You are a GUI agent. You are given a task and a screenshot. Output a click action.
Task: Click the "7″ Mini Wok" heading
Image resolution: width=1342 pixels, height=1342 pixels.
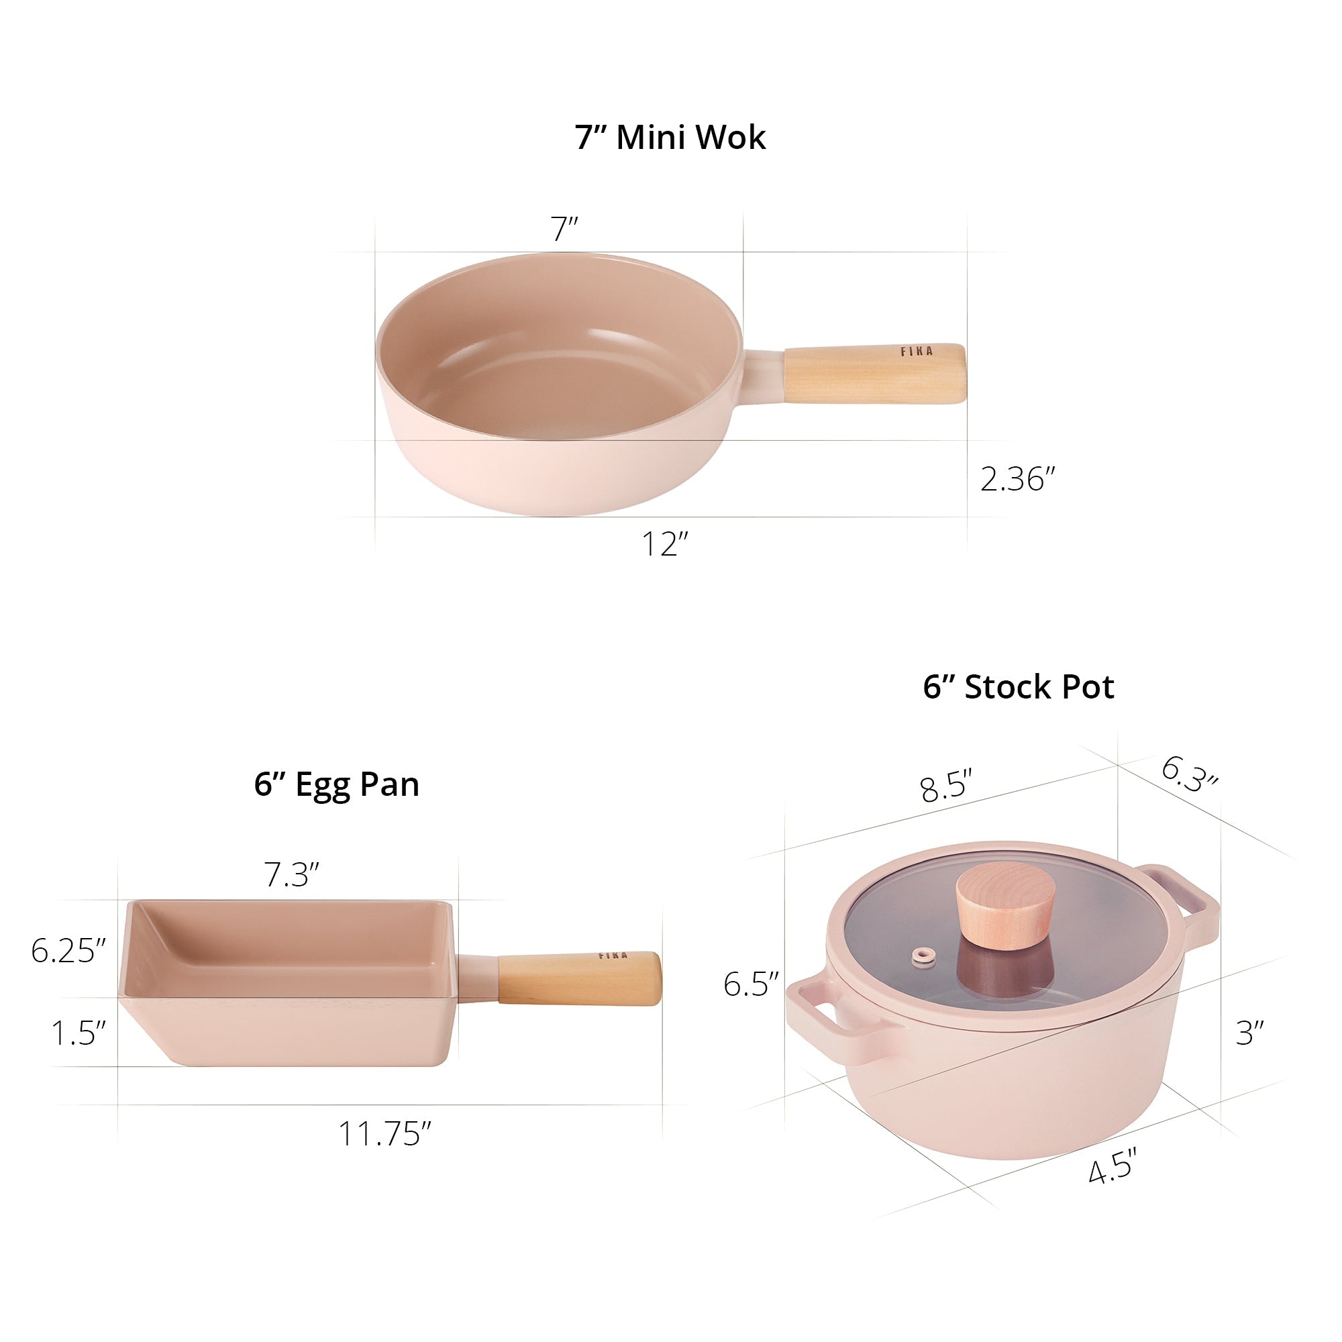coord(670,137)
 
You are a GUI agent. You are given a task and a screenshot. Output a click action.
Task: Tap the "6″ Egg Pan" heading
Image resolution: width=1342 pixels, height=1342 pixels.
coord(337,785)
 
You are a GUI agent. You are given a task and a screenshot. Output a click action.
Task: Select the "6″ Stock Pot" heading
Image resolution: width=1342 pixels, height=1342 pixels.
coord(1019,687)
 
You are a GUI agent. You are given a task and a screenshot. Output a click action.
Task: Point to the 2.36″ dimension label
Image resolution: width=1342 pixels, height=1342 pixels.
coord(1017,479)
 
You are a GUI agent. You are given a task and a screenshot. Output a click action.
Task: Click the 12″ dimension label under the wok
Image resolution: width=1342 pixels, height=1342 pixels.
coord(665,544)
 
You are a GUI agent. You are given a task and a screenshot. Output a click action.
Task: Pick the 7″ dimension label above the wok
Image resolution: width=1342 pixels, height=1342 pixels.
coord(564,229)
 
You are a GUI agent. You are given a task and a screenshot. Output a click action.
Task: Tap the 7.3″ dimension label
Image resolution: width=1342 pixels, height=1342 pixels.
coord(292,874)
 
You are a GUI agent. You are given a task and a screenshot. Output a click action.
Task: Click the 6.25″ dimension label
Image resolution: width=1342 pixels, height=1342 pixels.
coord(68,950)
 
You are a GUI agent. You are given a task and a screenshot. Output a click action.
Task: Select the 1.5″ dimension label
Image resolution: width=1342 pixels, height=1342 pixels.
coord(79,1033)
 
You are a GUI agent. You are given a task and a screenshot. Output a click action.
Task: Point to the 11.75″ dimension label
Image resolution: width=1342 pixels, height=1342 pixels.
coord(384,1133)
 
